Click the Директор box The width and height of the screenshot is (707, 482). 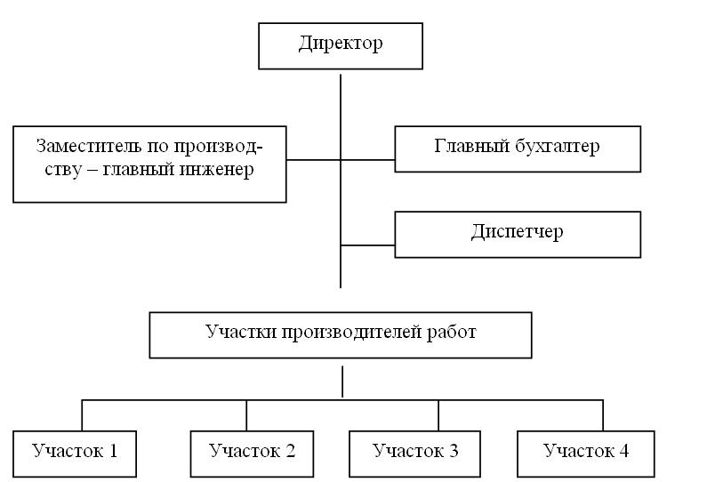(x=341, y=46)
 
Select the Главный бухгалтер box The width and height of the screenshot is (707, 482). (x=518, y=149)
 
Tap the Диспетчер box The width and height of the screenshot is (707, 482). (x=518, y=235)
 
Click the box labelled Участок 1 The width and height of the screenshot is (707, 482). (x=75, y=454)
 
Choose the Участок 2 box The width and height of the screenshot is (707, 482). (x=252, y=454)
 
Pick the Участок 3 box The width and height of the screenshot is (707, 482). (x=414, y=454)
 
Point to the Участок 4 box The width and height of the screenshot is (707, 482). (x=585, y=454)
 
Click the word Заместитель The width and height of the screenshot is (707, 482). (x=89, y=146)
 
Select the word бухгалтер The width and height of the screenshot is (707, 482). (x=558, y=147)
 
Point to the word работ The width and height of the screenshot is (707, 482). (x=452, y=333)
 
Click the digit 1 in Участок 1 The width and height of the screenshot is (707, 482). (x=113, y=451)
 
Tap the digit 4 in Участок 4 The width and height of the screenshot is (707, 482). (x=623, y=451)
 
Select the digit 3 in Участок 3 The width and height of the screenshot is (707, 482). (x=454, y=451)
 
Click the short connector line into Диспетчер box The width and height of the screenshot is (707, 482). (x=367, y=245)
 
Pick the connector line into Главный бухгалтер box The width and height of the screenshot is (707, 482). (x=367, y=159)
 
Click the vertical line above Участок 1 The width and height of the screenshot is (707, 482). (x=82, y=415)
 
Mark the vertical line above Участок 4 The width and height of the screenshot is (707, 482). (x=603, y=415)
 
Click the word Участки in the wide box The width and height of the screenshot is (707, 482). (x=242, y=333)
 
